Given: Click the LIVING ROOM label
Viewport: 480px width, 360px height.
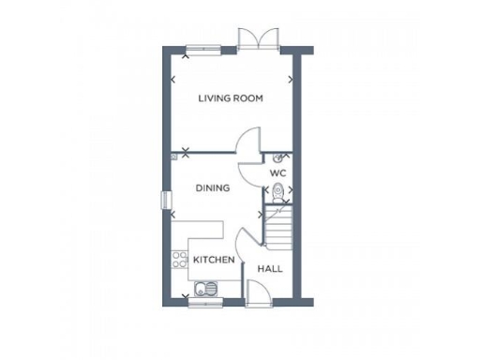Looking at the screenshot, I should (x=230, y=97).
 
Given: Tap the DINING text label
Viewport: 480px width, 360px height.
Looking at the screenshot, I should (x=213, y=188).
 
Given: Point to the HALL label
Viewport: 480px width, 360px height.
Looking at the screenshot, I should (x=270, y=268).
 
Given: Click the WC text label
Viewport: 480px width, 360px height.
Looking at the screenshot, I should (x=277, y=173).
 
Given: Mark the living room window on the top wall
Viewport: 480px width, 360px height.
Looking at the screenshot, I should (x=203, y=49).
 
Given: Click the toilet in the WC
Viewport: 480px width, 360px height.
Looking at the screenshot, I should (x=276, y=194).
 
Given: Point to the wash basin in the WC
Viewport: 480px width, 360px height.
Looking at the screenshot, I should (x=278, y=158).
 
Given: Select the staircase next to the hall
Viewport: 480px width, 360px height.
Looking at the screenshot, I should (x=278, y=228).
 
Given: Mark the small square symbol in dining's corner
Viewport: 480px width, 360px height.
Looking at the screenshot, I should (x=173, y=157).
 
